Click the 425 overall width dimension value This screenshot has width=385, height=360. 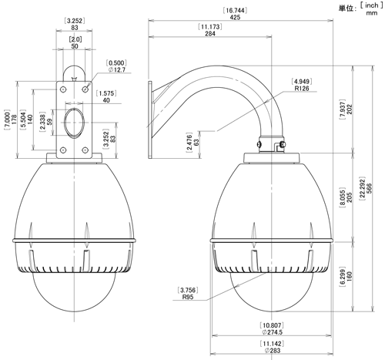click(235, 17)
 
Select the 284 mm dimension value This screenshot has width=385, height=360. click(210, 33)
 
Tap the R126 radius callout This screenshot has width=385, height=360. click(302, 89)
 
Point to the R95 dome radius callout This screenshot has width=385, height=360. click(188, 297)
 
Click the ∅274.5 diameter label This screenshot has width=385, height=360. click(272, 332)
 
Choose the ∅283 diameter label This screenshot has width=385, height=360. click(273, 351)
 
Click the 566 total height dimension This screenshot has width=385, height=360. click(369, 188)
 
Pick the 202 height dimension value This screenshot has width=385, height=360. click(350, 109)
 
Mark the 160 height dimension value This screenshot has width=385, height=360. click(350, 277)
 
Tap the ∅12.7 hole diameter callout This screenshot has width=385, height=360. click(117, 69)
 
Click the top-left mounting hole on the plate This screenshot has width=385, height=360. click(63, 89)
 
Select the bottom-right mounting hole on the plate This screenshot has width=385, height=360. click(85, 150)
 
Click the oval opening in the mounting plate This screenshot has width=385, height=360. click(74, 123)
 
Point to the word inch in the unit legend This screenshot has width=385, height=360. click(371, 5)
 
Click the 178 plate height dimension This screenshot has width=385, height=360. click(15, 119)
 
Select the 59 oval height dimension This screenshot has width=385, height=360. click(50, 122)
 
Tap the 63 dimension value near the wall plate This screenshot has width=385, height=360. click(196, 143)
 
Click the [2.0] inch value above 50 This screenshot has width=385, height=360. click(75, 39)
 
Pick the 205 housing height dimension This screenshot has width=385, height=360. click(350, 197)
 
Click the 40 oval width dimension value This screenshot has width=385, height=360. click(106, 100)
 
